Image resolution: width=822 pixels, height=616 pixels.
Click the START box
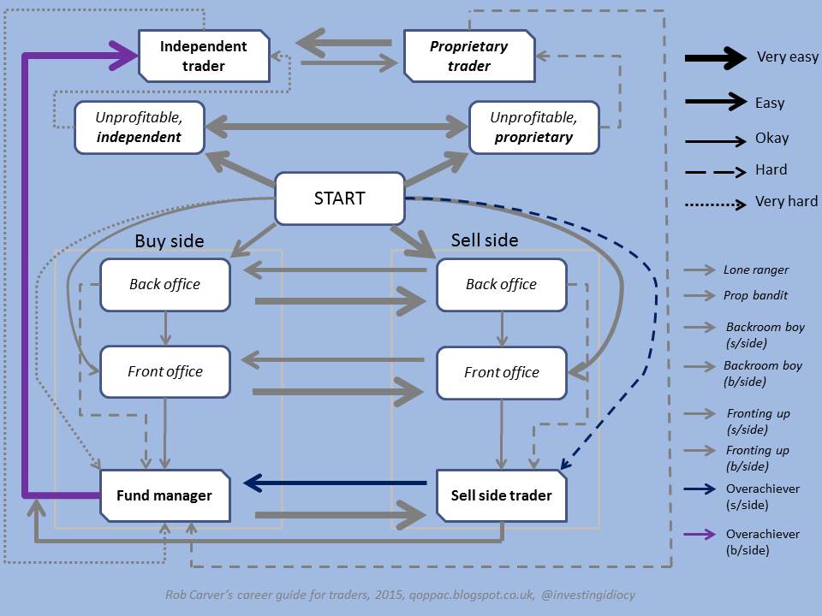point(339,198)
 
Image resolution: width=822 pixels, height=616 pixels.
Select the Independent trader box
point(204,55)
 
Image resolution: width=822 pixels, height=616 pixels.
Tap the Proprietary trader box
point(468,55)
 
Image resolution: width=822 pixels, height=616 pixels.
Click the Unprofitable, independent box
point(139,127)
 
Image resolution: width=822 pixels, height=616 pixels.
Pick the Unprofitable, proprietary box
point(532,127)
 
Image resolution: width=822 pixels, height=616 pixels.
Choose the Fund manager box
point(164,495)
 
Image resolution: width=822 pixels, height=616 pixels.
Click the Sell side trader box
point(501,495)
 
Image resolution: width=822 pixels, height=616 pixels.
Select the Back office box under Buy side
point(164,284)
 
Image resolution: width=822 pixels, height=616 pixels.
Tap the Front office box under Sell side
point(501,372)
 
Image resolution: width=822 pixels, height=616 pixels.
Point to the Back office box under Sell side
point(501,284)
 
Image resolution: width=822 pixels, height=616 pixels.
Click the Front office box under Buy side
point(164,371)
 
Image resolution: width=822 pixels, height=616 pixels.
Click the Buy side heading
point(170,241)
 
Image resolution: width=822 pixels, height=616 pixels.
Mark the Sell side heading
point(485,240)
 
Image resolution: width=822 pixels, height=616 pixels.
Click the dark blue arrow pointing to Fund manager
point(334,483)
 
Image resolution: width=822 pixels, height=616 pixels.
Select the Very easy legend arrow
point(716,58)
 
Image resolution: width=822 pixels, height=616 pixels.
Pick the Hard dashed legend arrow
point(716,171)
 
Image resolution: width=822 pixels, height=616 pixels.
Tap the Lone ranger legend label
point(756,270)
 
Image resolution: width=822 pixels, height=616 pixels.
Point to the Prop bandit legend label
point(756,296)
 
